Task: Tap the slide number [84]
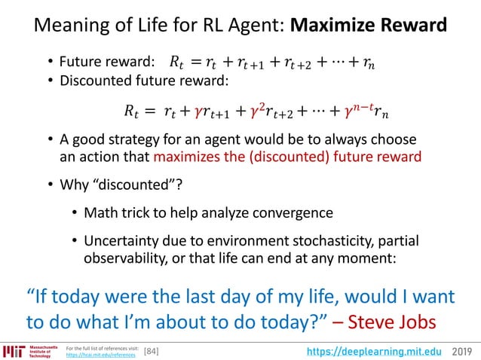[152, 351]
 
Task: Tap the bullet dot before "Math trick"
[75, 213]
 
